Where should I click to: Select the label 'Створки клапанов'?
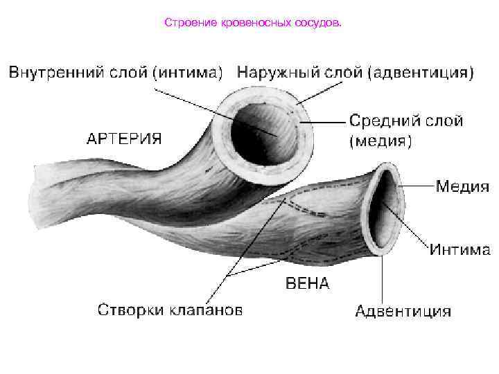(x=170, y=310)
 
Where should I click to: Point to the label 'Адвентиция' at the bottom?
(x=403, y=311)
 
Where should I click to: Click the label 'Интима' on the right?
(x=459, y=249)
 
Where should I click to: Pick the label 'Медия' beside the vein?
(x=462, y=186)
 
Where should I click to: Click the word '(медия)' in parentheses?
(x=380, y=142)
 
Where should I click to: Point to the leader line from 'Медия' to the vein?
(x=416, y=186)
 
